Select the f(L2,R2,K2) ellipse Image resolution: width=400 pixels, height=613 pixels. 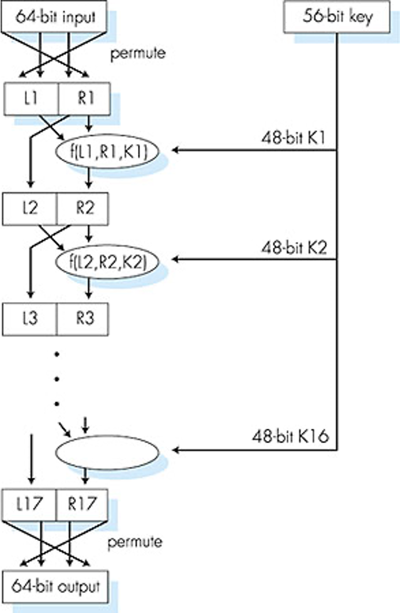pyautogui.click(x=107, y=259)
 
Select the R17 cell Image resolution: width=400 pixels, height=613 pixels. pyautogui.click(x=83, y=504)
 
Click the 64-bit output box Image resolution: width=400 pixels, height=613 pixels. pyautogui.click(x=55, y=586)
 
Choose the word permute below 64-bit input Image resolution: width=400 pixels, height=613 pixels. pyautogui.click(x=138, y=53)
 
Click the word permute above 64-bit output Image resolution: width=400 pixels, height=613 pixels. pyautogui.click(x=134, y=541)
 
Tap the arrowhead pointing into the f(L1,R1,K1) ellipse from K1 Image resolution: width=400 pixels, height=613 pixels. pyautogui.click(x=176, y=150)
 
